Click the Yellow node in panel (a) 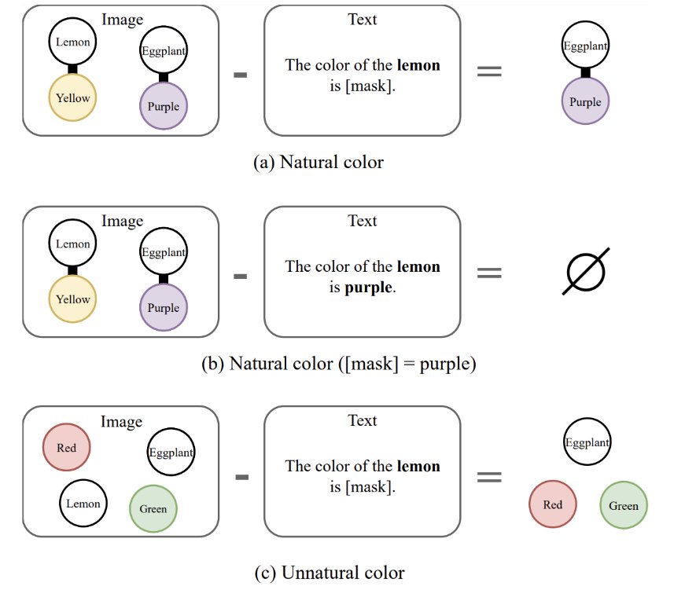[72, 97]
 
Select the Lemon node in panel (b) [72, 243]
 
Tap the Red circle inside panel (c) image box [66, 447]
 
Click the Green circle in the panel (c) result [624, 505]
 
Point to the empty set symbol [586, 272]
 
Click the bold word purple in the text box [368, 288]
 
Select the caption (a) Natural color [319, 162]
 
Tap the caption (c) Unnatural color [330, 573]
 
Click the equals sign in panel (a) [489, 71]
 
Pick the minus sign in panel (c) [242, 477]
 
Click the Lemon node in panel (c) [83, 503]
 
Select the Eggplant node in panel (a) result [585, 45]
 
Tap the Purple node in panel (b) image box [164, 308]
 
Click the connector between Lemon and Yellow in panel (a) [72, 69]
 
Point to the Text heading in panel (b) [362, 221]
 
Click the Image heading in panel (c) [121, 422]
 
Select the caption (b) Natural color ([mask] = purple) [339, 364]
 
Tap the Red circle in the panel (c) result [553, 504]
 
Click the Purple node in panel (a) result [585, 101]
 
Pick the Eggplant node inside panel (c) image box [171, 452]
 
